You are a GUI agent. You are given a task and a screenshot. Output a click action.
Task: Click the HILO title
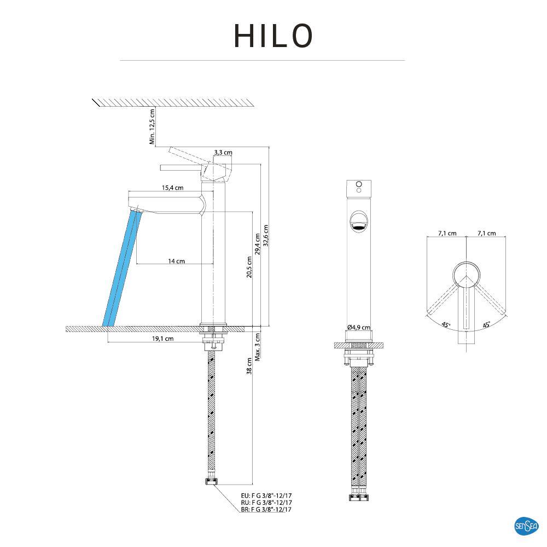coord(273,36)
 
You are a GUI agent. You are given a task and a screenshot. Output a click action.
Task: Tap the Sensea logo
coord(526,526)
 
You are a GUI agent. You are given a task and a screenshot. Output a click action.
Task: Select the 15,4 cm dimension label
coord(172,188)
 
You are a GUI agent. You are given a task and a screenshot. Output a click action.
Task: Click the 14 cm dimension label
coord(176,261)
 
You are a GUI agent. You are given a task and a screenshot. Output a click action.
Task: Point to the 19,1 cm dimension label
coord(162,339)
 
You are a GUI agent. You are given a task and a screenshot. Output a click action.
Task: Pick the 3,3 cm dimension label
coord(223,153)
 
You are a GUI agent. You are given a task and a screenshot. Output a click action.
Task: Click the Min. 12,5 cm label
coord(153,126)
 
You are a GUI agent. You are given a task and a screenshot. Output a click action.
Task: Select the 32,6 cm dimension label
coord(266,236)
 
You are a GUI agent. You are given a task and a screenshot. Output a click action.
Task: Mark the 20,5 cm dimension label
coord(249,267)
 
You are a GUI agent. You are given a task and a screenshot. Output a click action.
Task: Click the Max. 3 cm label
coord(257,347)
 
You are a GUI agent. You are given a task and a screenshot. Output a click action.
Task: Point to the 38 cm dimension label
coord(249,366)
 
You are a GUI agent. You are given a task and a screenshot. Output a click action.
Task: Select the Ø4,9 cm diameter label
coord(359,328)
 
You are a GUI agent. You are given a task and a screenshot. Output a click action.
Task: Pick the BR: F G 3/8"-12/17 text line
coord(266,509)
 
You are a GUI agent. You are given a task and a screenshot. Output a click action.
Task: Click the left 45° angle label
coord(446,325)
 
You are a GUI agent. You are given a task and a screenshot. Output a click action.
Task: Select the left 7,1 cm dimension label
coord(447,234)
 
